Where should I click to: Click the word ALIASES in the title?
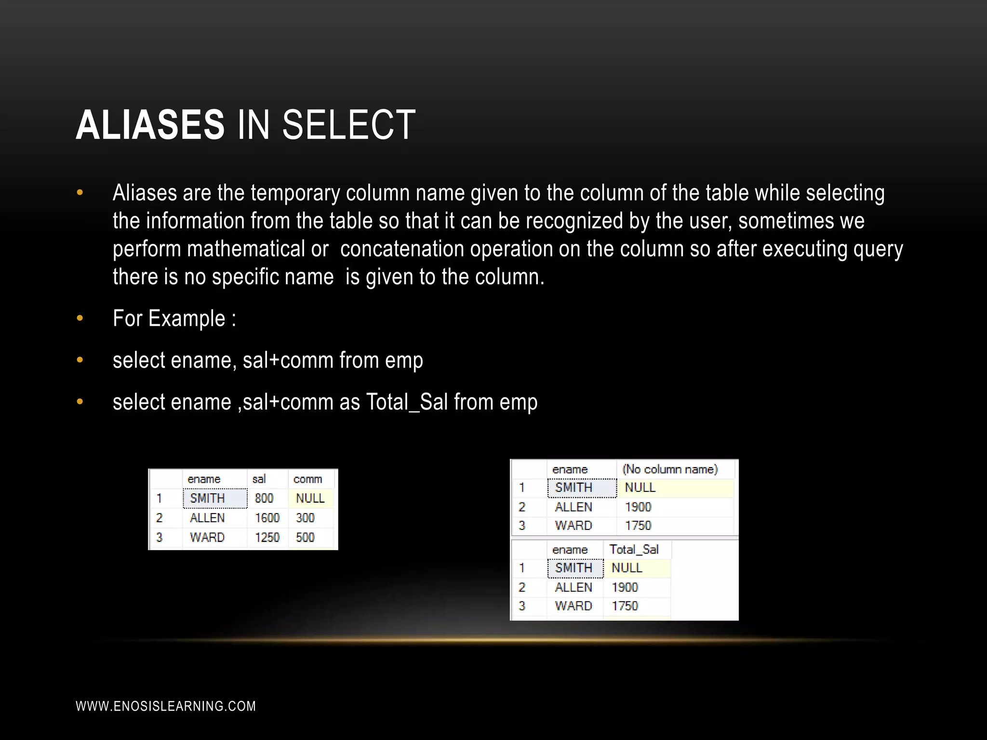[150, 125]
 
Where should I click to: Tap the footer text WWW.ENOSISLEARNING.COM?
[166, 706]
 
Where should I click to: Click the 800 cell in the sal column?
[264, 498]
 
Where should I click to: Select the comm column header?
[307, 479]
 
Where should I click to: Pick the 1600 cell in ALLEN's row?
[267, 518]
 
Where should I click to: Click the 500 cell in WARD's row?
[305, 537]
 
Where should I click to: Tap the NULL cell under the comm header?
[310, 498]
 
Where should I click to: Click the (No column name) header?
[670, 469]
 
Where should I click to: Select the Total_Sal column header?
[634, 549]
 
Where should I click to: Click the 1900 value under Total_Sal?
[625, 587]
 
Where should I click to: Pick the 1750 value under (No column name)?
[638, 526]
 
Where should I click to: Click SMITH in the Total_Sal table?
[574, 568]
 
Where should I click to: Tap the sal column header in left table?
[259, 479]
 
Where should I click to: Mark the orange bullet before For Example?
[80, 318]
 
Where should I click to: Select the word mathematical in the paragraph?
[246, 249]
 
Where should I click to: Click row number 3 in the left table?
[160, 537]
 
